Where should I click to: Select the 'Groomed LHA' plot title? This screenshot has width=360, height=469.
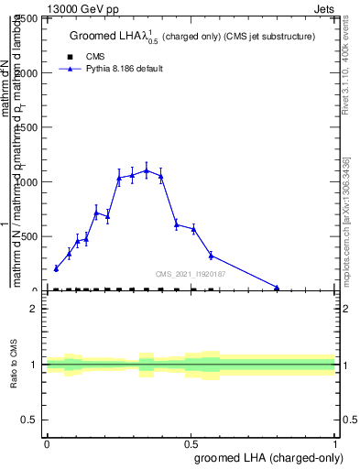(192, 37)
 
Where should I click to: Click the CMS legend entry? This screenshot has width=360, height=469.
(94, 57)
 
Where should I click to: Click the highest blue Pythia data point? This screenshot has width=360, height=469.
(147, 170)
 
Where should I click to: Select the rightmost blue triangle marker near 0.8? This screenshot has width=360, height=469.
(277, 288)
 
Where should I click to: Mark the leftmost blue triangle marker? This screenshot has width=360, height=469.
(56, 268)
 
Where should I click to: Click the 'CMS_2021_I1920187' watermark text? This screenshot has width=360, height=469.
(191, 274)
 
